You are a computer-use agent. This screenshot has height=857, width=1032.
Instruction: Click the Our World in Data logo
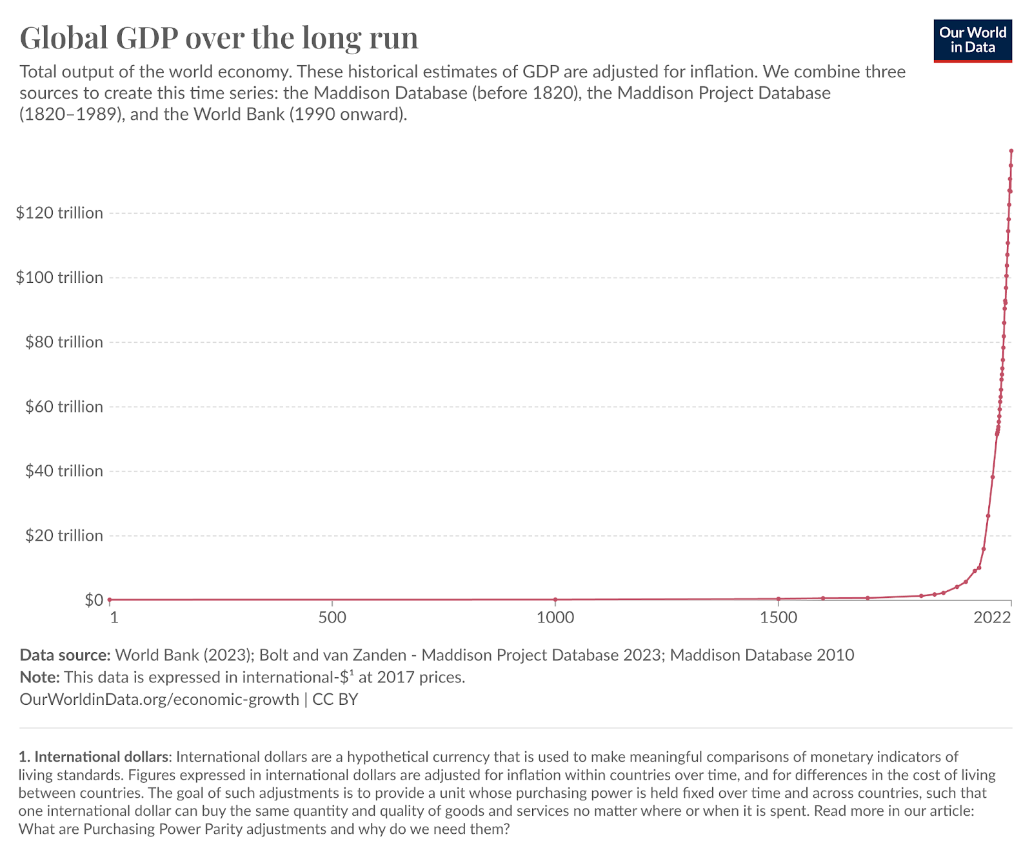973,40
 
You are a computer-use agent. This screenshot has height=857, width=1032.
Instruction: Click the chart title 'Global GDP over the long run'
219,38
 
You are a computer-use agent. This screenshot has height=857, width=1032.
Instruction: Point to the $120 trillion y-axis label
59,213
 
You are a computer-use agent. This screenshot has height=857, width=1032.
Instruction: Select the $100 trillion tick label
59,278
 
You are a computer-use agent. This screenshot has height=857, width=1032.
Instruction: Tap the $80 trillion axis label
64,342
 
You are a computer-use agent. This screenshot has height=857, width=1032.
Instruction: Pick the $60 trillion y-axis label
64,407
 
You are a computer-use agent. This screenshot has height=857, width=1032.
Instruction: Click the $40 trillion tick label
64,471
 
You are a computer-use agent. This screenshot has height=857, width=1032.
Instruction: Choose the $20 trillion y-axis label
64,535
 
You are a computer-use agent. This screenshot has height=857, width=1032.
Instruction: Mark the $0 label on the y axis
94,600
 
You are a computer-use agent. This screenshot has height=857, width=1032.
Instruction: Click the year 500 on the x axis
332,617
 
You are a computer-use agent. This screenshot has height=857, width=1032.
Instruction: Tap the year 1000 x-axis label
555,617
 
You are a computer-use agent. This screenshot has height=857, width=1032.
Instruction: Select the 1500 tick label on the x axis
779,617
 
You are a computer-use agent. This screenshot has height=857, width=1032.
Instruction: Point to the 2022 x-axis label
992,617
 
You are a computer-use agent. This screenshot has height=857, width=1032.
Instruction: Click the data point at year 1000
555,599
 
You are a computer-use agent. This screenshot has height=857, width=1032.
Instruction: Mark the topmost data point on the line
1011,151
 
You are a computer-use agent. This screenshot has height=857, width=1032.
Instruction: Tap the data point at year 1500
779,599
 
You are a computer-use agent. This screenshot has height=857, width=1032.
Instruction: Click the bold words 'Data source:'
65,655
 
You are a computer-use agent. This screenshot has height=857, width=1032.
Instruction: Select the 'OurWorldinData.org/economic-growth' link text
159,699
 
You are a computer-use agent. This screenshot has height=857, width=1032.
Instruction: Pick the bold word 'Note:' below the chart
40,677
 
